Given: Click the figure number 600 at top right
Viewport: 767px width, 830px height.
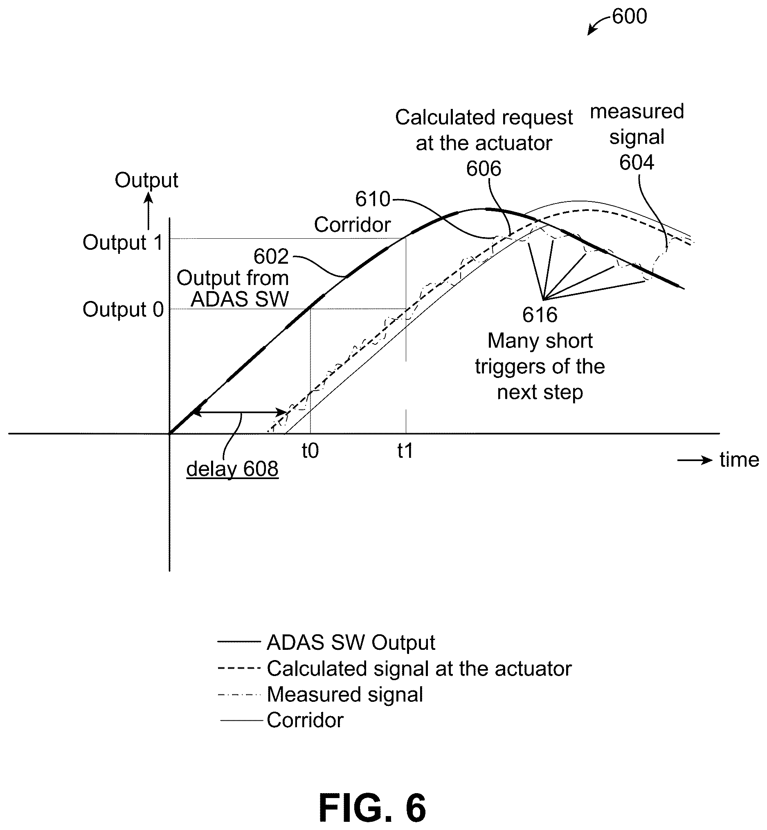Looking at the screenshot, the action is (x=629, y=17).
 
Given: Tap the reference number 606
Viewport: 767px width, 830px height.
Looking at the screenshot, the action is (x=484, y=169).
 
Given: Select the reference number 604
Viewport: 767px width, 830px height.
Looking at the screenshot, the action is (x=637, y=163).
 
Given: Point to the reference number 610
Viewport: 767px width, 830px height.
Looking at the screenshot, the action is (x=373, y=199).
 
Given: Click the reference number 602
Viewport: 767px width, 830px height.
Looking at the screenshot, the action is (x=271, y=257).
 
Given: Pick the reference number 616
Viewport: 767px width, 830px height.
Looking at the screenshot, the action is (x=540, y=315).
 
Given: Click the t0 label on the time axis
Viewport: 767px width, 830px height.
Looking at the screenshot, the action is (x=310, y=451).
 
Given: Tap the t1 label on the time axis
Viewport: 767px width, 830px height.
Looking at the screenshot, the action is (x=405, y=451).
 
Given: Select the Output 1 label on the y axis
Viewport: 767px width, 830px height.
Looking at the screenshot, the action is (x=123, y=242).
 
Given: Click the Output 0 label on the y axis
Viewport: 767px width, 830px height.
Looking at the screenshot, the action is (x=123, y=310).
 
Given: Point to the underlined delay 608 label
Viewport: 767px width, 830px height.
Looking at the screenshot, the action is (x=232, y=469).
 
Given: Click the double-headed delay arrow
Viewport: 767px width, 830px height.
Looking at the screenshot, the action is (x=240, y=412).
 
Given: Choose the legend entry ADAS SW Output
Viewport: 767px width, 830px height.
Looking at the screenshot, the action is (x=351, y=642).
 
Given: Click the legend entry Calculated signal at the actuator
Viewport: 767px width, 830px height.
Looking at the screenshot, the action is (x=419, y=669).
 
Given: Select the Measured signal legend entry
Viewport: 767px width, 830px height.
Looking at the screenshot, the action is (x=345, y=694).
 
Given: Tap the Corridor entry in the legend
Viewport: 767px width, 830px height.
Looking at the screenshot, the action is (x=305, y=720).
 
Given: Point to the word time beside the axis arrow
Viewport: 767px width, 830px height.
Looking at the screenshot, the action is (x=739, y=460).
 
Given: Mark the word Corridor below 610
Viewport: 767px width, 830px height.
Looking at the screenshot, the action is (x=352, y=225).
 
